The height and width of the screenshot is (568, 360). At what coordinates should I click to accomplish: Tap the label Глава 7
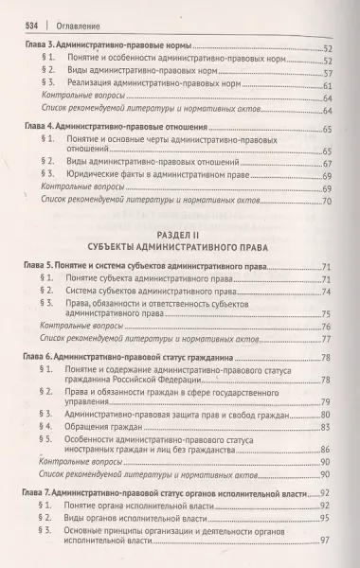click(x=40, y=493)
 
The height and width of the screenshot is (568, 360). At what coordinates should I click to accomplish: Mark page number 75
click(x=327, y=314)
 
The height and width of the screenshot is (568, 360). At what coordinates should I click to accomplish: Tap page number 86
click(x=327, y=452)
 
